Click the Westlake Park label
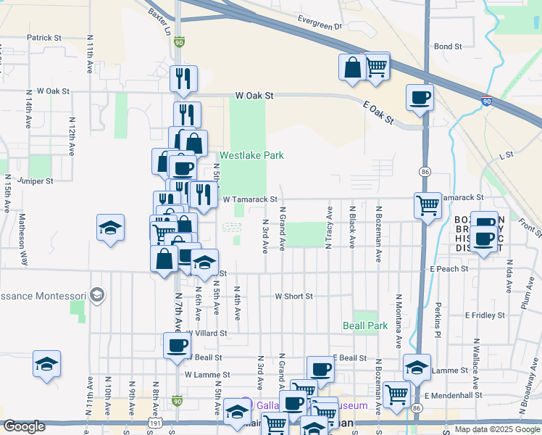coord(251,155)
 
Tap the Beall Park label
coord(365,326)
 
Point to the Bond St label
coord(448,46)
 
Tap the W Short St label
coord(293,296)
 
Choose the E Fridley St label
coord(485,315)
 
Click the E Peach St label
coord(449,268)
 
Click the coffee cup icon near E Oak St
coord(420,96)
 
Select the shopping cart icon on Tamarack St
coord(428,204)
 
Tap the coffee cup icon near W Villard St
coord(177,345)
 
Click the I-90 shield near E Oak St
coord(486,102)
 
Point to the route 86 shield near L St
coord(425,171)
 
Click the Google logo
coord(25,426)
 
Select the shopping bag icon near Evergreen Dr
coord(352,67)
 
